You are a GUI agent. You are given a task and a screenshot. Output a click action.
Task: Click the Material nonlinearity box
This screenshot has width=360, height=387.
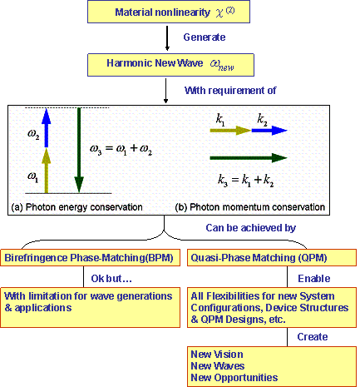pyautogui.click(x=169, y=12)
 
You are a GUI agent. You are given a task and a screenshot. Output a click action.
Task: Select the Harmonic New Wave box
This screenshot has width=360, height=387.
pyautogui.click(x=170, y=65)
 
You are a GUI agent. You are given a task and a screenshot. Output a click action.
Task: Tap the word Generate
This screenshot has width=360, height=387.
pyautogui.click(x=205, y=37)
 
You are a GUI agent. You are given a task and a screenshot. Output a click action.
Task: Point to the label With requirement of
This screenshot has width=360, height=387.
pyautogui.click(x=230, y=91)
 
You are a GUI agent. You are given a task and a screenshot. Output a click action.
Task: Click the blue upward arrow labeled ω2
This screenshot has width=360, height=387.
pyautogui.click(x=47, y=127)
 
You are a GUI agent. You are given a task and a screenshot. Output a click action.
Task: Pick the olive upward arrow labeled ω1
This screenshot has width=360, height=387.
pyautogui.click(x=47, y=171)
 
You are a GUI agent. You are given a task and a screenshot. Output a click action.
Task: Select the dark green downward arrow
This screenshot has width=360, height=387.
pyautogui.click(x=79, y=150)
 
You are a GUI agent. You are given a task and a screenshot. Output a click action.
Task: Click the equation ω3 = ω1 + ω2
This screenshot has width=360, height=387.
pyautogui.click(x=121, y=149)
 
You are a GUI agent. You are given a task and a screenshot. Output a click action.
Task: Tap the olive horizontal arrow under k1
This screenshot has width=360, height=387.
pyautogui.click(x=230, y=130)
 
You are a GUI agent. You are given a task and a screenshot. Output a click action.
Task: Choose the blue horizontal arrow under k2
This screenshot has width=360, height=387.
pyautogui.click(x=269, y=130)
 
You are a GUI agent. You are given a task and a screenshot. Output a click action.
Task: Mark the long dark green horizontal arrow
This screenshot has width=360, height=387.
pyautogui.click(x=249, y=158)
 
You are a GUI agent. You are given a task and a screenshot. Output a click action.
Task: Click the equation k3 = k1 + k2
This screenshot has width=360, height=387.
pyautogui.click(x=245, y=181)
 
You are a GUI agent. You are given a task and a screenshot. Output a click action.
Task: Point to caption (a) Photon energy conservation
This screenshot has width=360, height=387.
pyautogui.click(x=77, y=207)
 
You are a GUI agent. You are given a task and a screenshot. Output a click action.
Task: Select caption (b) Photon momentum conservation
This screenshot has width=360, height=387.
pyautogui.click(x=250, y=207)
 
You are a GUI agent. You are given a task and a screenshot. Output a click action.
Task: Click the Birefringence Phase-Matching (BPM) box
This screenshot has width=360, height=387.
pyautogui.click(x=90, y=258)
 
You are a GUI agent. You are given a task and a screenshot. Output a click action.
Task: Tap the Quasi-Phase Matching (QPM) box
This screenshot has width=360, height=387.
pyautogui.click(x=272, y=258)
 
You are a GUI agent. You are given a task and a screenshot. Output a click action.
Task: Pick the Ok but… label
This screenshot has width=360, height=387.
pyautogui.click(x=111, y=279)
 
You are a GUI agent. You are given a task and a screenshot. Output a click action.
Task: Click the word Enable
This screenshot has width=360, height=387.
pyautogui.click(x=314, y=279)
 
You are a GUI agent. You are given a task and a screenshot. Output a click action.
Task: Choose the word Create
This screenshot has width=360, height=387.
pyautogui.click(x=313, y=337)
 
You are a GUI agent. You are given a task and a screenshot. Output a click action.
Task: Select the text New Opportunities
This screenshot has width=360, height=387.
pyautogui.click(x=234, y=378)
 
